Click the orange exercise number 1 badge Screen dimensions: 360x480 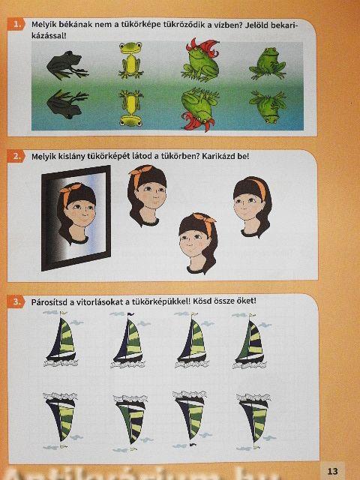(16, 24)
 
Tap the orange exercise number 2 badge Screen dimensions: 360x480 (16, 157)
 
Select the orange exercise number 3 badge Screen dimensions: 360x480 (16, 301)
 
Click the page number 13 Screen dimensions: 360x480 (332, 471)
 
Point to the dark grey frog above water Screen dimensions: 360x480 (67, 65)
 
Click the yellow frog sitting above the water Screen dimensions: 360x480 (131, 60)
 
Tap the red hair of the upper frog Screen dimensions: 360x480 (203, 46)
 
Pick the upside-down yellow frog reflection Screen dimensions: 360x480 (131, 108)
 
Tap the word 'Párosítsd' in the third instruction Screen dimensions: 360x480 (49, 302)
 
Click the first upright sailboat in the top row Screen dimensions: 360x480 (62, 338)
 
